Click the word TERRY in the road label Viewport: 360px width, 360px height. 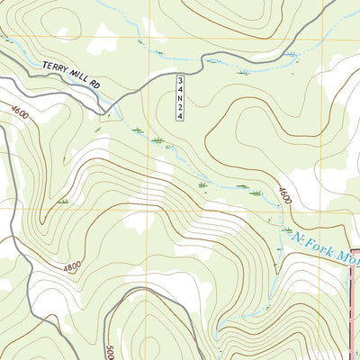(x=55, y=67)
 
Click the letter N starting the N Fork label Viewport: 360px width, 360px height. (x=298, y=237)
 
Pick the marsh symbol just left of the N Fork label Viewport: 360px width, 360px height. (x=271, y=220)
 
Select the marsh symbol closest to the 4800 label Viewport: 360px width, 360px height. (x=63, y=200)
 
